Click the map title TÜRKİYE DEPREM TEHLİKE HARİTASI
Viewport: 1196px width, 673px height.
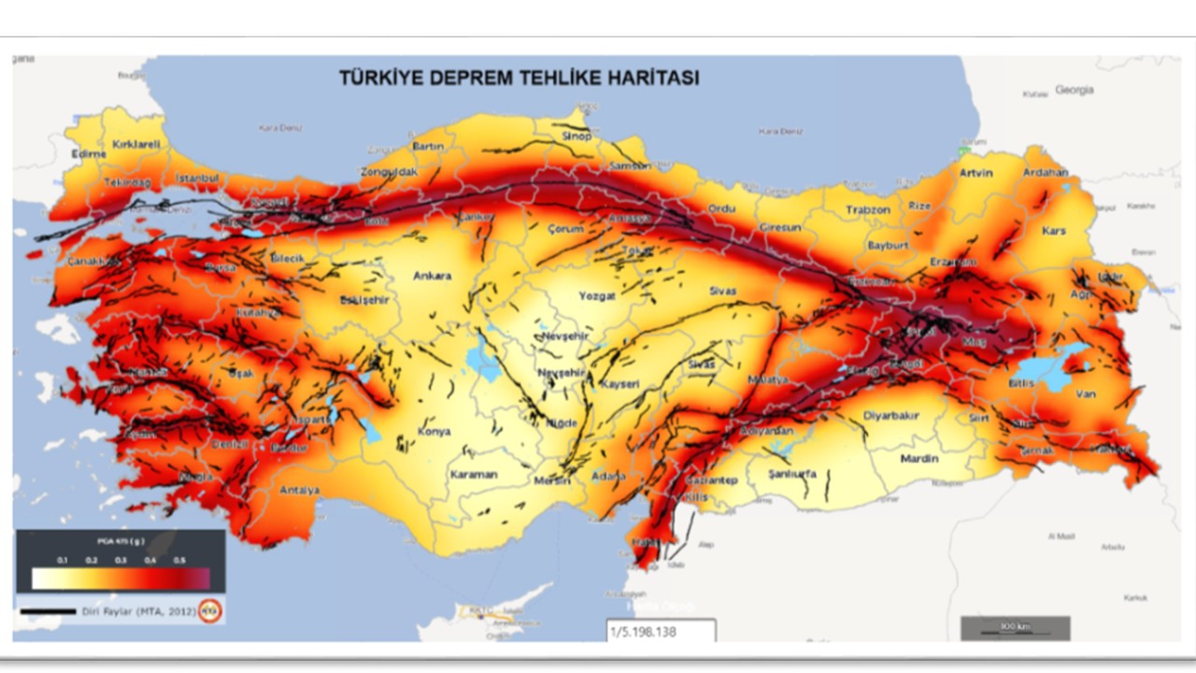click(519, 79)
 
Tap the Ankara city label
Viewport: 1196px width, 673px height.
click(432, 276)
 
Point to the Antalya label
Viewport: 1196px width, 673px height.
click(299, 490)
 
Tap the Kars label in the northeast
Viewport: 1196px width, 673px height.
click(1053, 230)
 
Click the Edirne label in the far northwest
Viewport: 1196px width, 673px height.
click(89, 154)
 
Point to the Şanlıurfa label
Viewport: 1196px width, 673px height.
click(791, 474)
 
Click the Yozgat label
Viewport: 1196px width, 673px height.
click(596, 295)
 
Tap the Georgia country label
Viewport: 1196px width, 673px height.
click(1074, 90)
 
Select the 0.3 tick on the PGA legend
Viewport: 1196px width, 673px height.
click(121, 560)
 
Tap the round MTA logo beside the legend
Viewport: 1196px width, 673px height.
click(212, 611)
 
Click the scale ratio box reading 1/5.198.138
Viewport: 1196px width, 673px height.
click(660, 631)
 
